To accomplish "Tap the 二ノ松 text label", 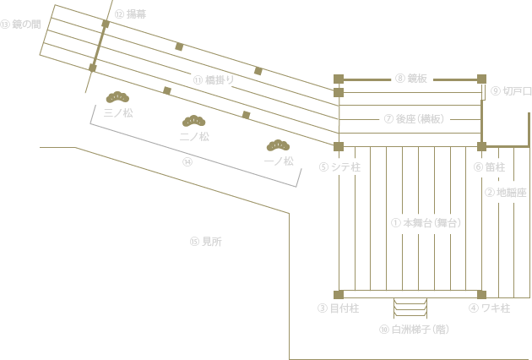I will pos(194,136).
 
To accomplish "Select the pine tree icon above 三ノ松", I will pos(117,97).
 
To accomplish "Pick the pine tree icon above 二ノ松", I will pos(194,121).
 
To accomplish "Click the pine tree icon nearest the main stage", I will pos(279,145).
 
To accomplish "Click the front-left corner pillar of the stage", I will pos(339,295).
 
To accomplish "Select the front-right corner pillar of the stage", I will pos(481,295).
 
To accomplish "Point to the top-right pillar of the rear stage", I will pos(481,79).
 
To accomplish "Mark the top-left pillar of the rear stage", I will pos(339,79).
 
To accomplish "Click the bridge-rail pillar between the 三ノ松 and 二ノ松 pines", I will pos(167,90).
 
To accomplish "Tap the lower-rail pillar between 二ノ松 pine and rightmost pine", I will pos(246,114).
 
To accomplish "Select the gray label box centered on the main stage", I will pos(426,223).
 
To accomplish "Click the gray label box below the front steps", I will pos(414,330).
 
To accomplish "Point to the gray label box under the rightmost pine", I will pos(279,161).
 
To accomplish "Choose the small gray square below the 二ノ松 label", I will pos(187,161).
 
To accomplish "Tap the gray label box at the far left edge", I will pos(20,24).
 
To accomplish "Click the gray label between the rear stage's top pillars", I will pos(411,78).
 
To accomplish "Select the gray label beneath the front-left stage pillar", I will pos(338,308).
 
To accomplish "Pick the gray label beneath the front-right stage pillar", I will pos(489,308).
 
